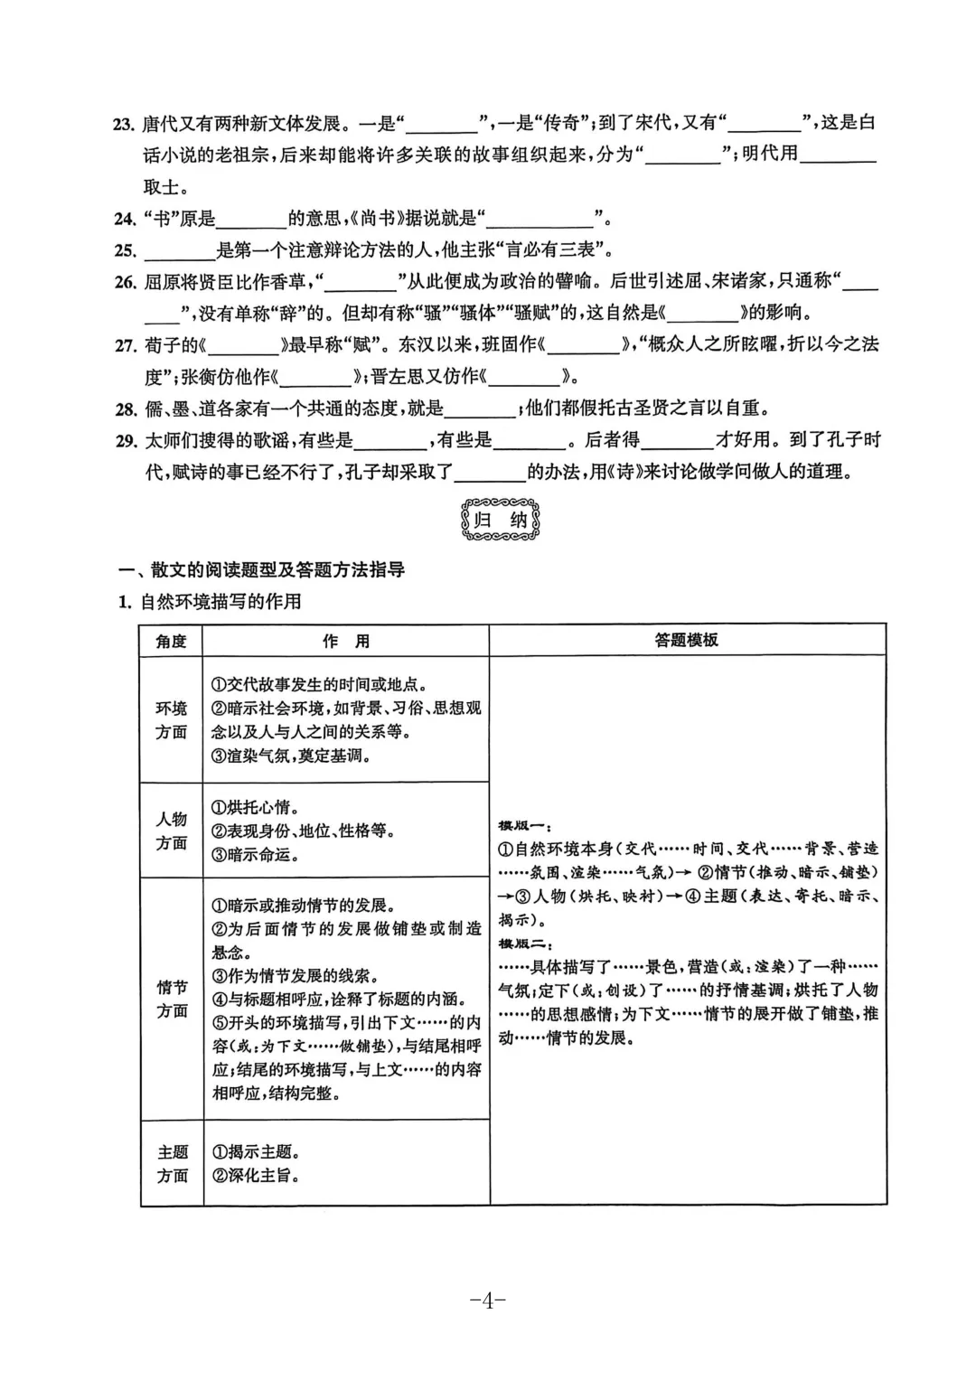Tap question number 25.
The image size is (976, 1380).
[126, 250]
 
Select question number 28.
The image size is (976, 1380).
[126, 409]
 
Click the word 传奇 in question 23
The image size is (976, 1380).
[560, 123]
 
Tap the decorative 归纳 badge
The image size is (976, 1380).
[500, 520]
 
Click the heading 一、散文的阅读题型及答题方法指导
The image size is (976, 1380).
[262, 570]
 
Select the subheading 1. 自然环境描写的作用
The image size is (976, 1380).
[211, 602]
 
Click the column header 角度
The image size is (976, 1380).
[171, 641]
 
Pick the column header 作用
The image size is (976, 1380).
[346, 641]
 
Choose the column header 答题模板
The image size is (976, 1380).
[687, 640]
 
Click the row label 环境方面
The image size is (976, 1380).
[171, 720]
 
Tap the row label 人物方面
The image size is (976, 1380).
[171, 831]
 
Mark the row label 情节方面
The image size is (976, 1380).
[171, 999]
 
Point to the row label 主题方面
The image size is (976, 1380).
[172, 1164]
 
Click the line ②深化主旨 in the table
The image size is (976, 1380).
[256, 1176]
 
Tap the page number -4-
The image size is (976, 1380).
[487, 1300]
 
